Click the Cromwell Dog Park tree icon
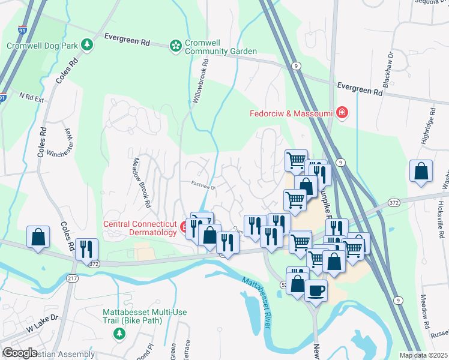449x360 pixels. click(x=88, y=45)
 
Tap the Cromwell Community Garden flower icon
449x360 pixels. click(x=175, y=45)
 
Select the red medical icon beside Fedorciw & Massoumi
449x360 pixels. click(x=342, y=113)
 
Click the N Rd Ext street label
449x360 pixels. click(x=32, y=97)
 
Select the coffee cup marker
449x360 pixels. click(x=316, y=291)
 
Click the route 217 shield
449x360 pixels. click(x=73, y=278)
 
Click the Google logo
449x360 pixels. click(x=20, y=353)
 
